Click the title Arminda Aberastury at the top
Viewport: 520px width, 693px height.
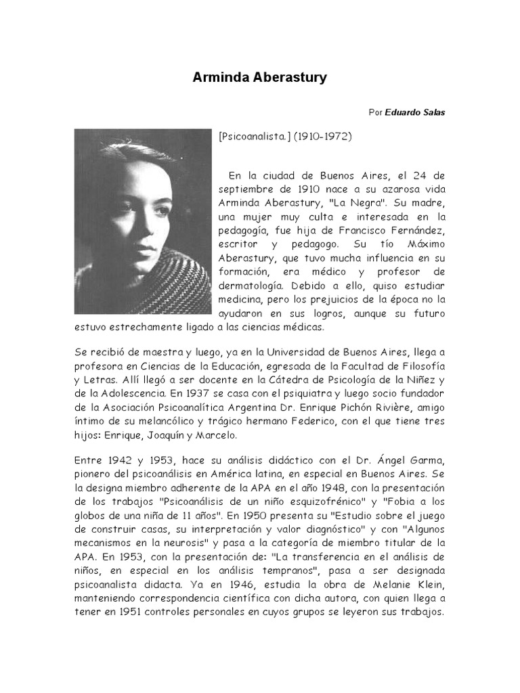pyautogui.click(x=260, y=78)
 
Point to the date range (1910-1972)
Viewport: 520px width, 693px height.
pyautogui.click(x=323, y=136)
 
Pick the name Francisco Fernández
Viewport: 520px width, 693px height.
pyautogui.click(x=397, y=231)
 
